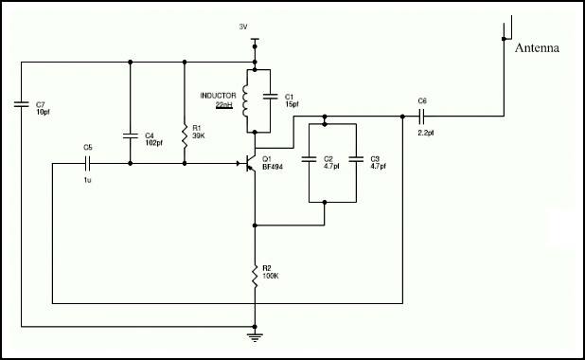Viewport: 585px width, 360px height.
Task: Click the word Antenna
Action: [537, 47]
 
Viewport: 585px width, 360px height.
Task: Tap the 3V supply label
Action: [243, 27]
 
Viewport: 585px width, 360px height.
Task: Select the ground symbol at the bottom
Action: [255, 337]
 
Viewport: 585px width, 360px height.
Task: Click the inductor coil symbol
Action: [245, 100]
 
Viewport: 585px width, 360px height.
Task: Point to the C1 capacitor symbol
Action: [270, 97]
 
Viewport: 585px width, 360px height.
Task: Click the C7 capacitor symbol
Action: [21, 104]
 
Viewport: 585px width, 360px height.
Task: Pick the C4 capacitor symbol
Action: [131, 135]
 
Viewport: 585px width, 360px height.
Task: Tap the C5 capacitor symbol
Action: [87, 163]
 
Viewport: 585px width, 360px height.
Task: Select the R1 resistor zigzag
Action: [185, 136]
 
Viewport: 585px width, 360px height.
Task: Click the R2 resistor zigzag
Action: [255, 277]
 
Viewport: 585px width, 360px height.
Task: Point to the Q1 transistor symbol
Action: [248, 163]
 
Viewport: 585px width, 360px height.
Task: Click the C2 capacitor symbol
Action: [309, 159]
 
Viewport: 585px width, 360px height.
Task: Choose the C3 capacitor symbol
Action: [356, 159]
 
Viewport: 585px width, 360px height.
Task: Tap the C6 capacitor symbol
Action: [422, 117]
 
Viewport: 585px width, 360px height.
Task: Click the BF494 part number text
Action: [273, 167]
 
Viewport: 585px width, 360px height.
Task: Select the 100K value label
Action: [271, 276]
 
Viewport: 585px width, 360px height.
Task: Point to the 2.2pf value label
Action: [426, 133]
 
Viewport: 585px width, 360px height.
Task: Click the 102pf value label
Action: [153, 143]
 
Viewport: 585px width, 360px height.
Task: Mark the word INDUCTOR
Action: [219, 96]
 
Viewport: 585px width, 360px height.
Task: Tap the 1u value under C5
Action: [87, 180]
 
